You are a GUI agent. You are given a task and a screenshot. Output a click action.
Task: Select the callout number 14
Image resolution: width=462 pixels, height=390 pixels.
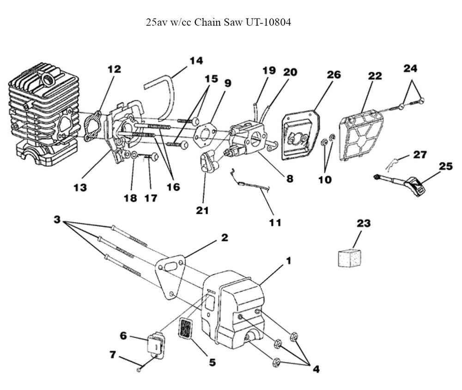196,61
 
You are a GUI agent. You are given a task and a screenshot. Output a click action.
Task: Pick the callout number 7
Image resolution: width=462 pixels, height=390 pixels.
112,355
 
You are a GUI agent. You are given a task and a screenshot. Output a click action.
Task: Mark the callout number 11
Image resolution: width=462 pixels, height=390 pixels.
275,222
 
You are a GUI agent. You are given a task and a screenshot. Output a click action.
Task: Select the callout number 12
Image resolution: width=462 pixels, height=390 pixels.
114,69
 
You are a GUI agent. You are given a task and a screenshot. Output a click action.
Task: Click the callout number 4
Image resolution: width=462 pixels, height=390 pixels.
316,369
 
